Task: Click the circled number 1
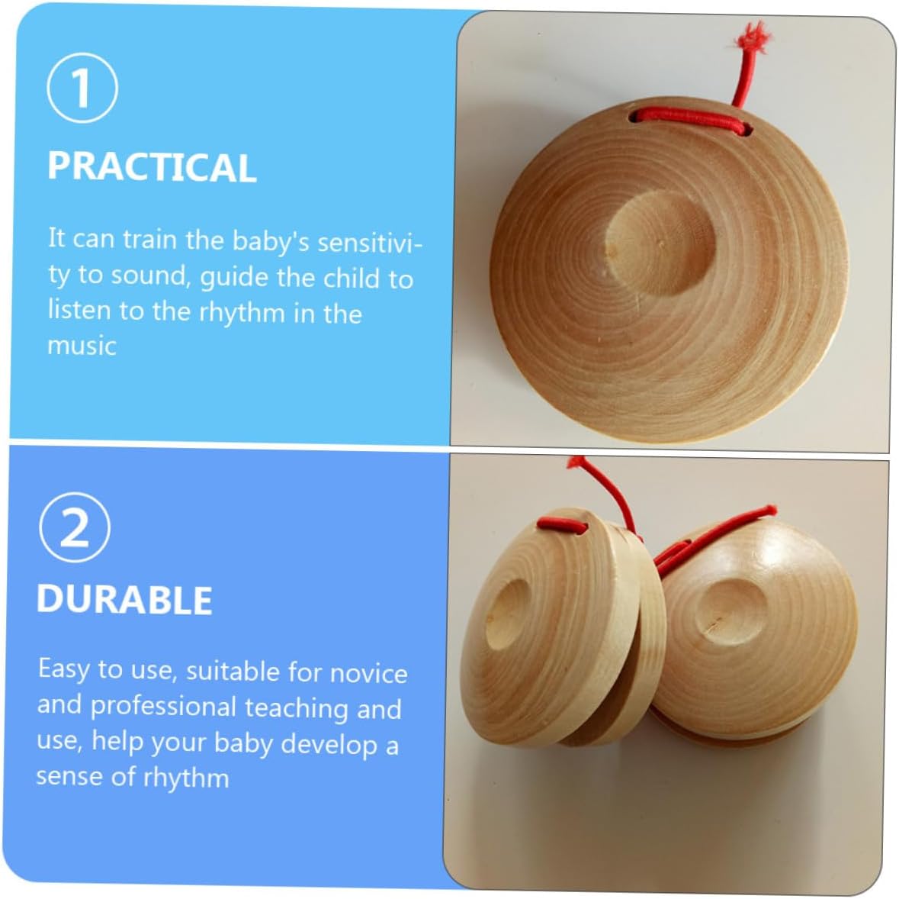tap(82, 88)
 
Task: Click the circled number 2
tap(75, 528)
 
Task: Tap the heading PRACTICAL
tap(152, 167)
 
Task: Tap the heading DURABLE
tap(124, 600)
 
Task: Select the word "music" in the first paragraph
tap(82, 346)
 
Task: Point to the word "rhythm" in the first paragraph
tap(242, 313)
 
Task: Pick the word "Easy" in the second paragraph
tap(63, 669)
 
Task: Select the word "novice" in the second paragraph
tap(369, 673)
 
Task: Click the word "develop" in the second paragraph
tap(329, 744)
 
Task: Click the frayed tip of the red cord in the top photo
tap(753, 36)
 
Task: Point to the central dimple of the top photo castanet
tap(660, 242)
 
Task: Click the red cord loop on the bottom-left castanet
tap(563, 524)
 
